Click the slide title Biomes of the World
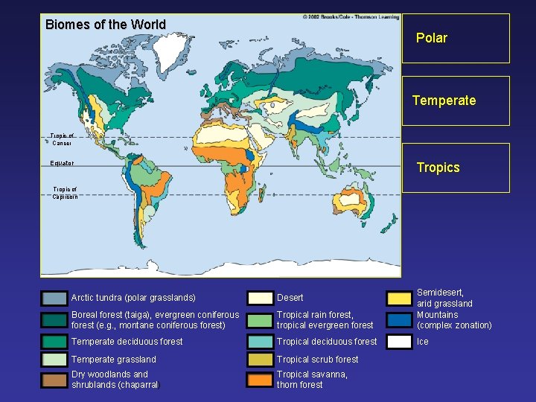tap(106, 25)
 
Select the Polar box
tap(456, 38)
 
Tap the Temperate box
tap(456, 100)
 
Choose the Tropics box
tap(456, 167)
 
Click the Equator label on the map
tap(62, 163)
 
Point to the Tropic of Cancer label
tap(63, 139)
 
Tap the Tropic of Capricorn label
tap(65, 193)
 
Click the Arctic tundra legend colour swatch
tap(54, 299)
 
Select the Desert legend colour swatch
tap(260, 299)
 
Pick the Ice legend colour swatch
tap(400, 342)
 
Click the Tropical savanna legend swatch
tap(260, 380)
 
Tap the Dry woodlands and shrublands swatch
tap(54, 380)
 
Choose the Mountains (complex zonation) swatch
tap(400, 320)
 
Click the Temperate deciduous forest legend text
tap(127, 342)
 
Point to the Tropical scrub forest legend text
tap(317, 360)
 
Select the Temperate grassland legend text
tap(114, 360)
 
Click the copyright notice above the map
tap(351, 16)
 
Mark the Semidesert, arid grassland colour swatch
tap(400, 299)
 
